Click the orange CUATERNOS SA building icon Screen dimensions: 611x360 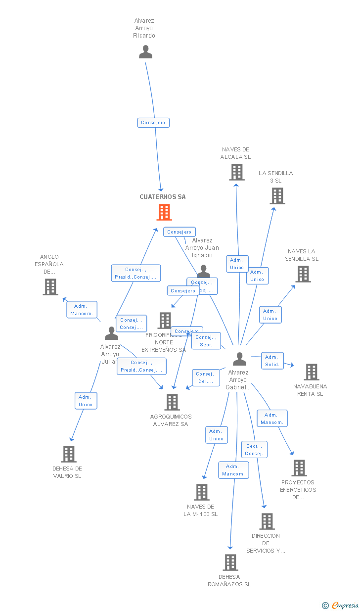(164, 212)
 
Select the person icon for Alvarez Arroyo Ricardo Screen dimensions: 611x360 (145, 52)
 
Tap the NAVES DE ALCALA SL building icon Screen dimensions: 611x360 (237, 172)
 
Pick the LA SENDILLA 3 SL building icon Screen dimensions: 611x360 (277, 196)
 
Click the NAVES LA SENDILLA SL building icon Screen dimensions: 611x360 (303, 274)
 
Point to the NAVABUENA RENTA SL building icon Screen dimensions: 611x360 (311, 372)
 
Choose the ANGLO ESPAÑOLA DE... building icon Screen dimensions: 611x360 (50, 286)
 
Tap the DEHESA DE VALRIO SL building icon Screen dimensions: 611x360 (69, 454)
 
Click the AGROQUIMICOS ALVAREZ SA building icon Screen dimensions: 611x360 (172, 402)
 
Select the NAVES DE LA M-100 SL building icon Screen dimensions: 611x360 (201, 492)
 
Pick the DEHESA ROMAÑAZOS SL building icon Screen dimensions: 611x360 (230, 562)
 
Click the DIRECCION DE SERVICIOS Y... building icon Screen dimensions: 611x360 (267, 521)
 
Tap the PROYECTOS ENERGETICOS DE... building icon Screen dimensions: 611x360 (299, 468)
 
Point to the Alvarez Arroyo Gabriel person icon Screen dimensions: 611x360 (239, 359)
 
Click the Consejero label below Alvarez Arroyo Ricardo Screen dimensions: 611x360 (153, 123)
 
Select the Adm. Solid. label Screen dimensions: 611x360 (272, 361)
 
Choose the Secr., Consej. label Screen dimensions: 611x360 (254, 450)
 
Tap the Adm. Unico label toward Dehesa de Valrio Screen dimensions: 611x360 (85, 401)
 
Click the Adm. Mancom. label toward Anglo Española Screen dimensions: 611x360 (82, 310)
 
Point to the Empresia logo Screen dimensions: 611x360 (341, 605)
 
